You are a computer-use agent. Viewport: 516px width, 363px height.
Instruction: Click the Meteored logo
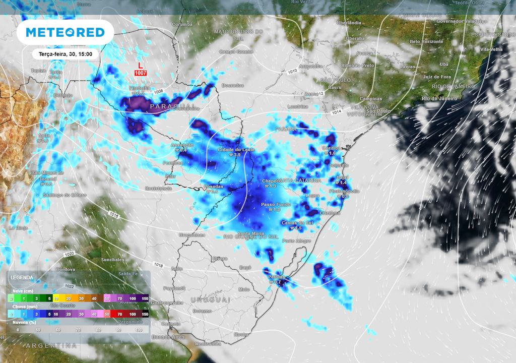click(x=65, y=32)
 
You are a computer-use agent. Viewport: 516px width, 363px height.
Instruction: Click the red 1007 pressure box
click(x=141, y=74)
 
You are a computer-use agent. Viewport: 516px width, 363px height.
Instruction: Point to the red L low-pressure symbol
click(x=141, y=66)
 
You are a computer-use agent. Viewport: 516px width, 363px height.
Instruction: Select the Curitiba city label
click(x=332, y=148)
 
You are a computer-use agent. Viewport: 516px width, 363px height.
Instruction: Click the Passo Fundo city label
click(x=276, y=204)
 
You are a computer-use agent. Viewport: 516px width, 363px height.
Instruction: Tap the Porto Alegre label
click(x=297, y=241)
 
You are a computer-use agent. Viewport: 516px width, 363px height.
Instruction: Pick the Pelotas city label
click(x=276, y=277)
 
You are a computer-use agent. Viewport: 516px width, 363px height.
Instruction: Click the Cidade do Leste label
click(x=236, y=150)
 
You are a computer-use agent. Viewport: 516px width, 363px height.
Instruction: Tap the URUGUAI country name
click(x=210, y=299)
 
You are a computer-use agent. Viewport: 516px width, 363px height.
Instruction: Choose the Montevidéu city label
click(x=208, y=344)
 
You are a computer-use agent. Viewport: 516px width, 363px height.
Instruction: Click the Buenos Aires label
click(x=166, y=337)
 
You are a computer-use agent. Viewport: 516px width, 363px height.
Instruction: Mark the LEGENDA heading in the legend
click(x=22, y=278)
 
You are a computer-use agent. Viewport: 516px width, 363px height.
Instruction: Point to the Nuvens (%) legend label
click(x=24, y=321)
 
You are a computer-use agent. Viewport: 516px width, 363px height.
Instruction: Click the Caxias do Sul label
click(x=297, y=222)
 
